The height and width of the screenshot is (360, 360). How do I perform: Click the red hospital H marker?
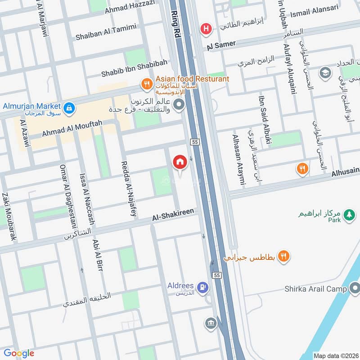206,28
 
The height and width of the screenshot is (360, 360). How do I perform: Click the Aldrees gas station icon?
203,286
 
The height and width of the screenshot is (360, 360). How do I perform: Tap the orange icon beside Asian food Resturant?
146,83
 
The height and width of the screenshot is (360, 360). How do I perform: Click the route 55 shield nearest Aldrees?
217,275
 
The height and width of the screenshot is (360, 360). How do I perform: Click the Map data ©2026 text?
336,355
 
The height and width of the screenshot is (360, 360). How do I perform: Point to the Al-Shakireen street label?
173,217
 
